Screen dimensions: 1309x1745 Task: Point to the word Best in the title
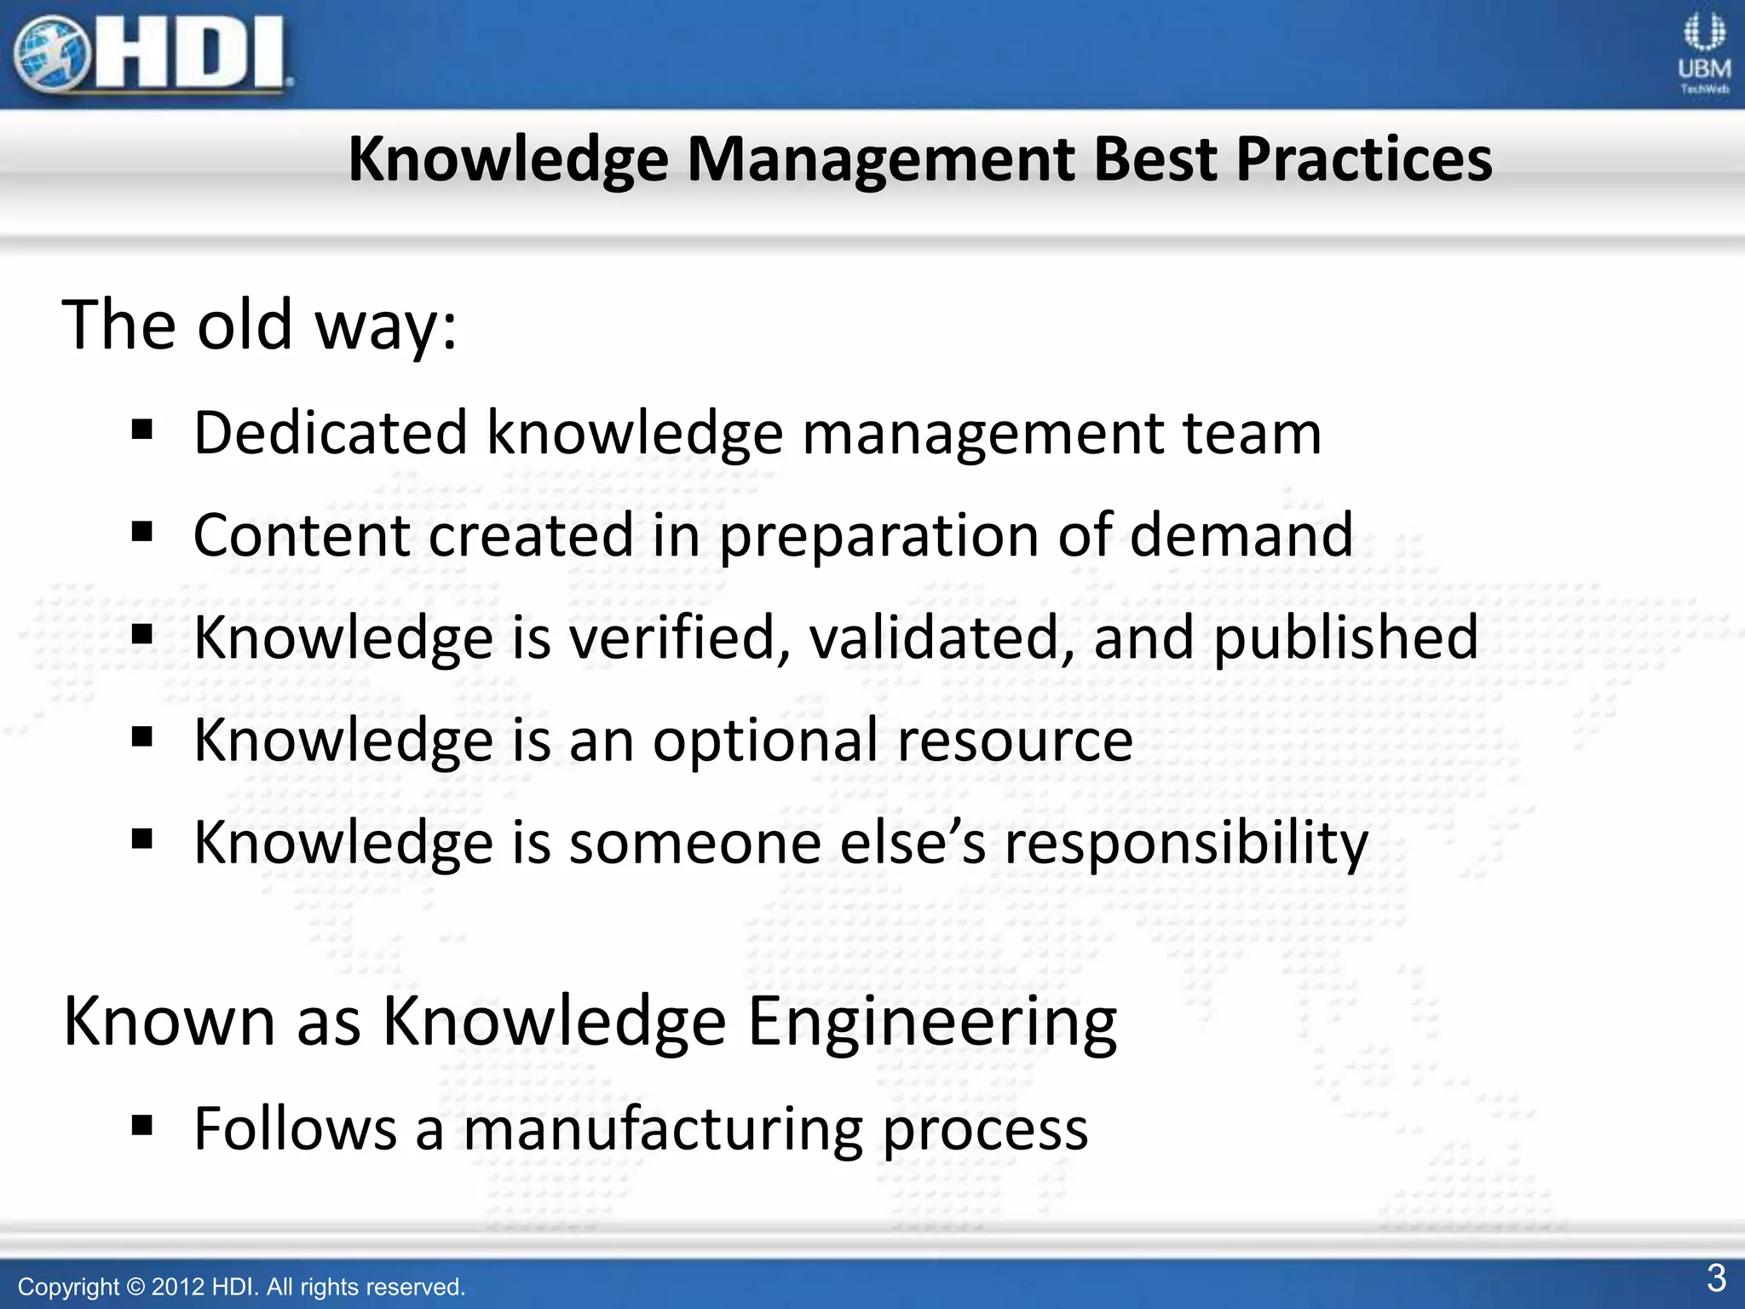[x=1155, y=159]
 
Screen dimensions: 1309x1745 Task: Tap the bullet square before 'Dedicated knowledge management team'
[x=142, y=429]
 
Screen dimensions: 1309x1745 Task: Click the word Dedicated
[x=331, y=433]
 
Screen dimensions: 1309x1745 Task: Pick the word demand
[x=1241, y=535]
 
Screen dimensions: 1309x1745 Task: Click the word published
[x=1345, y=637]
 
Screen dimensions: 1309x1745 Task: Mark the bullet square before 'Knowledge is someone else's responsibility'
[x=142, y=839]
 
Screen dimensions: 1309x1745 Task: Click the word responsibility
[x=1186, y=843]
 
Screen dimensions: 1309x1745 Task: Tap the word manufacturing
[x=663, y=1129]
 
